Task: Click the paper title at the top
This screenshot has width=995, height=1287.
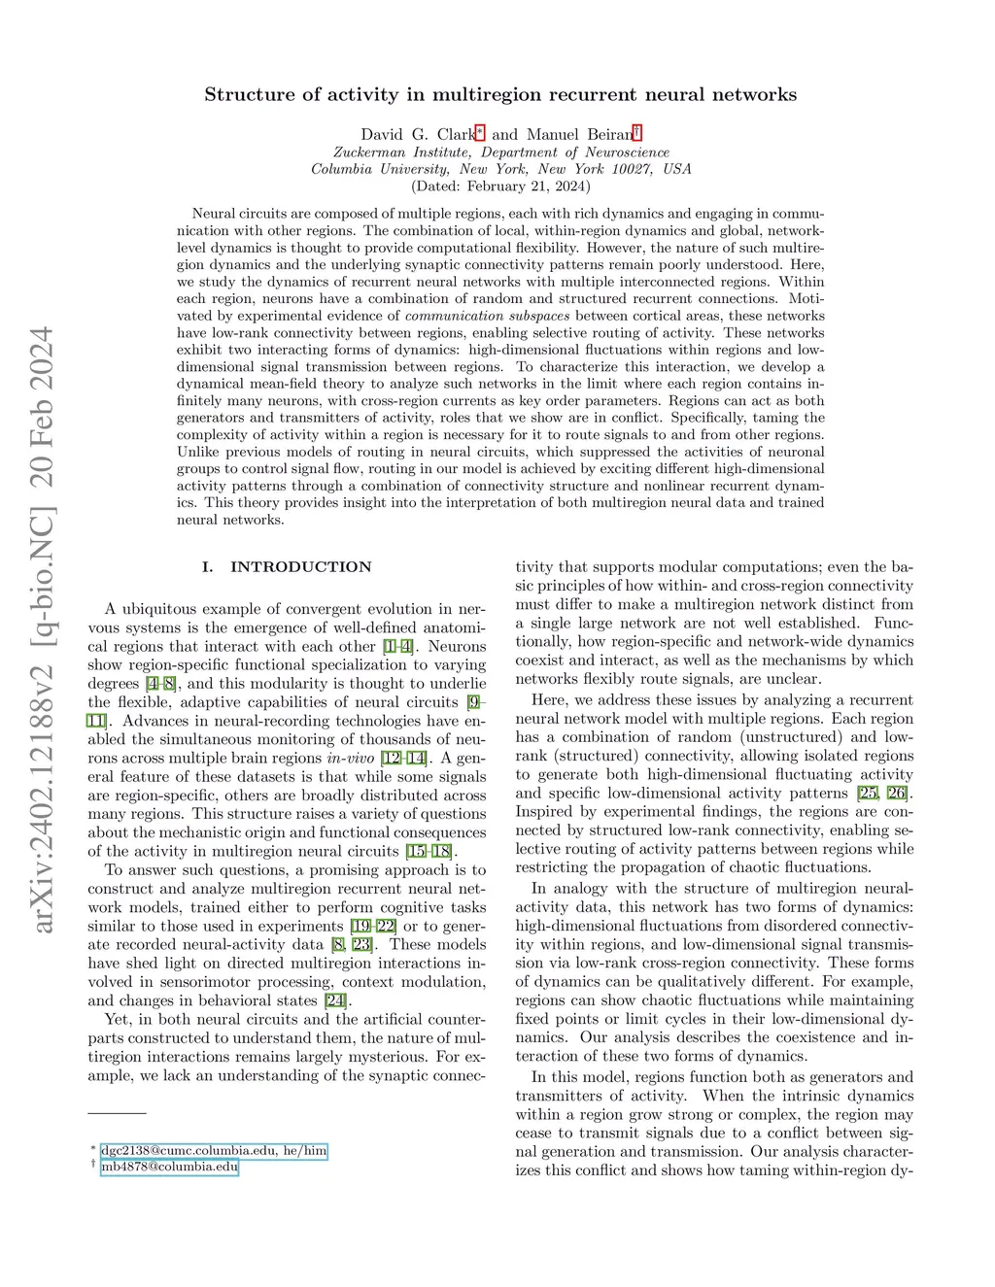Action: [x=500, y=94]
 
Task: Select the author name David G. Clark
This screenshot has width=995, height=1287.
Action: [x=417, y=135]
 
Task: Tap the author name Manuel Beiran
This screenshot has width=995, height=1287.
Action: [x=579, y=135]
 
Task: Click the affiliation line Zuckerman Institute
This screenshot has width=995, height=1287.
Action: [x=500, y=152]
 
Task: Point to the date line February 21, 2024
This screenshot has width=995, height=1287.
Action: [x=500, y=186]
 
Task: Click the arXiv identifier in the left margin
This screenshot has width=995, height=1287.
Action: [x=42, y=629]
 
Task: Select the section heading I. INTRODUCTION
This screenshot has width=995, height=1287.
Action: [x=287, y=567]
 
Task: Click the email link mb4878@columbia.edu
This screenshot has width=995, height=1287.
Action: [x=169, y=1167]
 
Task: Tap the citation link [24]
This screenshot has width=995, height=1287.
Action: [x=336, y=1000]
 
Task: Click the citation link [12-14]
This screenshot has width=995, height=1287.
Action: [x=403, y=759]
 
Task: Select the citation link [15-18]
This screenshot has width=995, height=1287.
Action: [x=429, y=852]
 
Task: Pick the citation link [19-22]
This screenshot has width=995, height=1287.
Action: [x=373, y=927]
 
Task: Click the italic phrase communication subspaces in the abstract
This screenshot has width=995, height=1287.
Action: [x=488, y=316]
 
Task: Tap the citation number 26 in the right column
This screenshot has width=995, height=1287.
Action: [x=896, y=794]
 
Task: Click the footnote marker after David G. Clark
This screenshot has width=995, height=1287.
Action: [x=479, y=133]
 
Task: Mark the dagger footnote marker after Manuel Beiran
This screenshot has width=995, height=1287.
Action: [x=637, y=133]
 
